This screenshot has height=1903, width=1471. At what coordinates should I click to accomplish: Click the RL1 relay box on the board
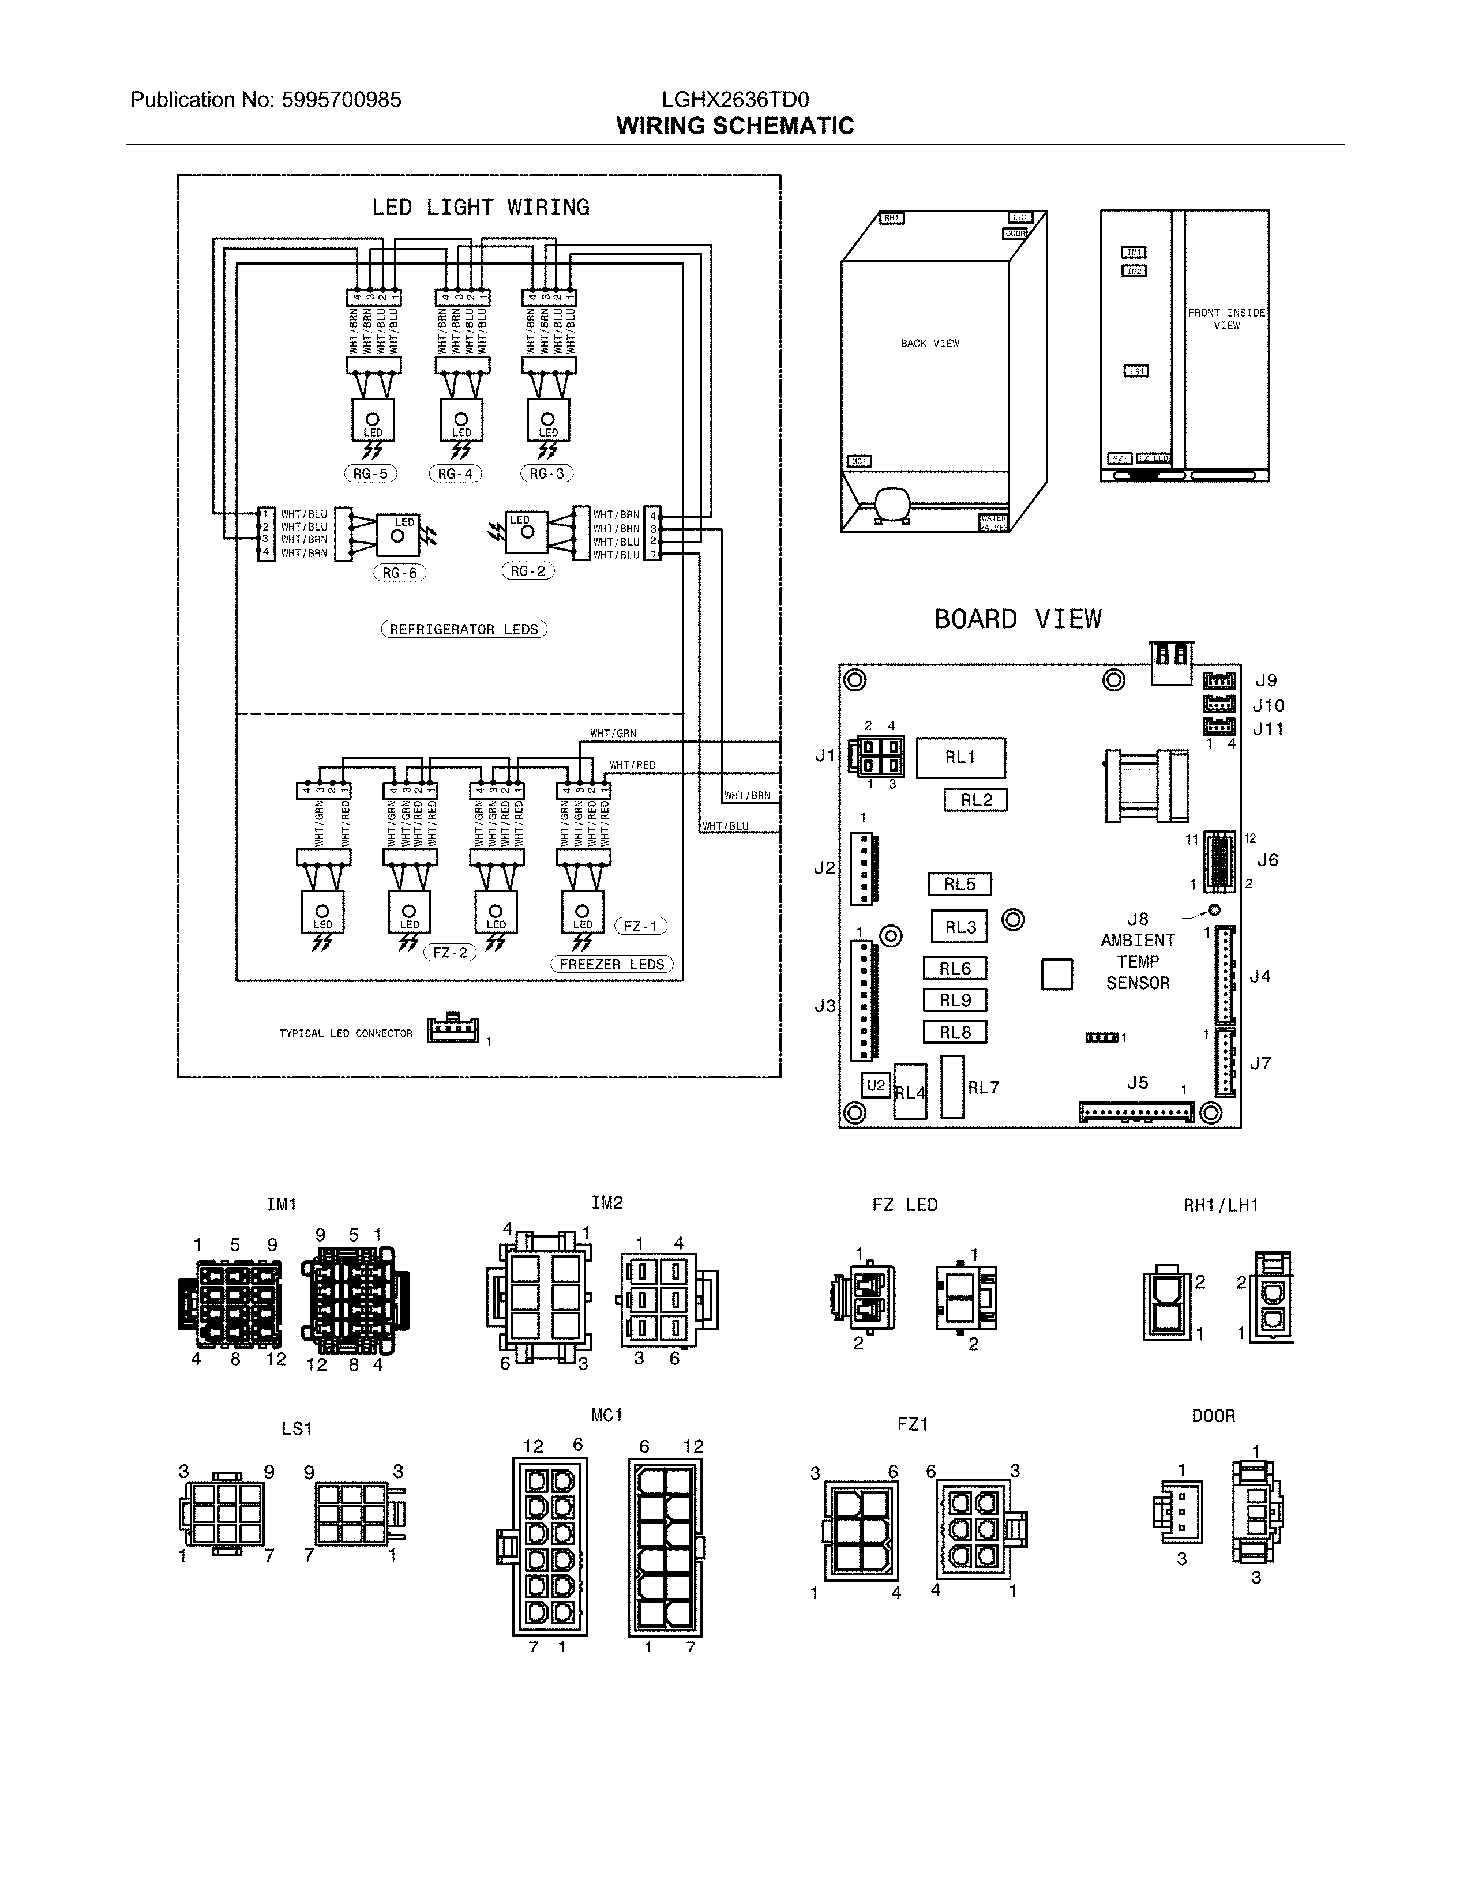point(960,757)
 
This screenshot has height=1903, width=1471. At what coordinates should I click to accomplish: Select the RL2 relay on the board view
point(976,800)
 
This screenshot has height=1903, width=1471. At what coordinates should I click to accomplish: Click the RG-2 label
point(528,571)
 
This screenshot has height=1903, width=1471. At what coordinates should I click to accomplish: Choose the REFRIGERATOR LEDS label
point(464,629)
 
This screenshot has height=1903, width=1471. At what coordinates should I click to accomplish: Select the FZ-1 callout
point(640,926)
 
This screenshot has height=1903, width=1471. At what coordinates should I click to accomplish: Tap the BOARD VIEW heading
point(1018,619)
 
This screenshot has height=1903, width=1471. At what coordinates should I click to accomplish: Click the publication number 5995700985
point(341,100)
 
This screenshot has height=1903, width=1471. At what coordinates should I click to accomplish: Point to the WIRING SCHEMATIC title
point(734,126)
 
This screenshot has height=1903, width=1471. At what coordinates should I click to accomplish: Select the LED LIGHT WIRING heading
point(480,208)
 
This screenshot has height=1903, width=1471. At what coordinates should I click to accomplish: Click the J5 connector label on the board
point(1137,1083)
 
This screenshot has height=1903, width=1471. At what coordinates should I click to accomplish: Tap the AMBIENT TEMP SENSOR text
point(1137,961)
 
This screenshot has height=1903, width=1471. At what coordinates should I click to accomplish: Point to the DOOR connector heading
point(1213,1416)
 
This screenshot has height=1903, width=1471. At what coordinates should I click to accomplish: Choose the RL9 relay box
point(955,1001)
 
